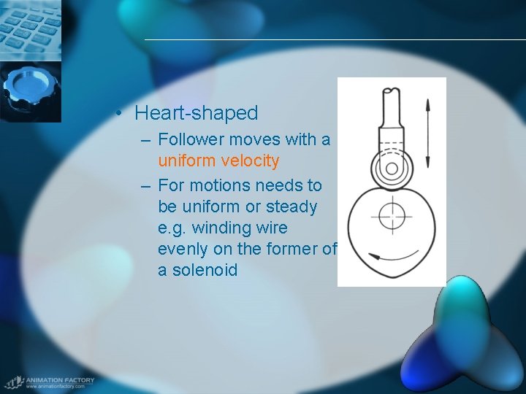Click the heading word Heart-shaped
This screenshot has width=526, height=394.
coord(197,113)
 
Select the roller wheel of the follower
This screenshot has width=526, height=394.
coord(392,169)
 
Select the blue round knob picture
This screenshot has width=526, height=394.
coord(30,90)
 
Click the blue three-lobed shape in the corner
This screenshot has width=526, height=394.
coord(467,336)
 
